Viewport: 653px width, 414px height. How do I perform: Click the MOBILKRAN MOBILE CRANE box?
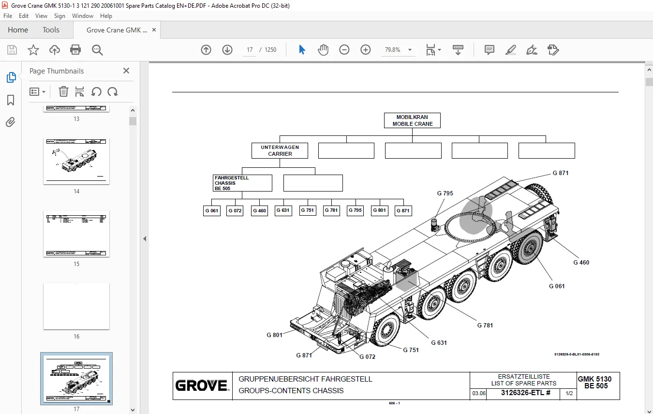coord(413,120)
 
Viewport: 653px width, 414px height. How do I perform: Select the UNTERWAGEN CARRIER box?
coord(280,150)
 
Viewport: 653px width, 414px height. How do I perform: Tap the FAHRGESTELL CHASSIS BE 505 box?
coord(242,183)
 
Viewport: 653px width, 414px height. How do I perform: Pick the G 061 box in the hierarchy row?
coord(211,211)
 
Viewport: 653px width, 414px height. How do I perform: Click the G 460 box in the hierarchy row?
coord(259,211)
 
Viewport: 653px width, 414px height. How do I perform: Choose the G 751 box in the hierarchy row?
coord(307,210)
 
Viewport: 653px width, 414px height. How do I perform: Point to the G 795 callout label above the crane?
coord(445,193)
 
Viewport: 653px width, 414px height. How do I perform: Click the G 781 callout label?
coord(485,325)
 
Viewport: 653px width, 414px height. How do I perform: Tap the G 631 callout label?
coord(439,343)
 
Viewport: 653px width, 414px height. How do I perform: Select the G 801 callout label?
coord(274,335)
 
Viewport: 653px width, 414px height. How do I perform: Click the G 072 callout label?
coord(367,357)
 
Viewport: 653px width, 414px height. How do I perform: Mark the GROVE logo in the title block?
coord(202,385)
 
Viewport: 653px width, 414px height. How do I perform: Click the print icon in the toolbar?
coord(75,50)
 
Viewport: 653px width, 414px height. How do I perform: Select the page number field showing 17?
coord(250,50)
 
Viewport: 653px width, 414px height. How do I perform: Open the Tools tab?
coord(51,30)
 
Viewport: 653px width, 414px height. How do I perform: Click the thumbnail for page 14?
coord(76,161)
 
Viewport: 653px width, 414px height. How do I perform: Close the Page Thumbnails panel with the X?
coord(126,71)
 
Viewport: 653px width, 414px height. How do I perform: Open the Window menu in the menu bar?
coord(83,16)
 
